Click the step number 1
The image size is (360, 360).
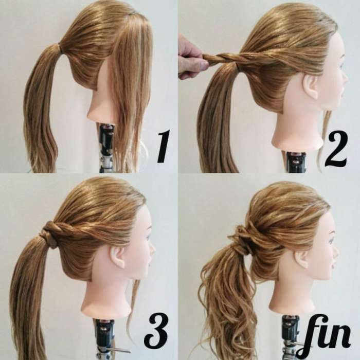coord(163,146)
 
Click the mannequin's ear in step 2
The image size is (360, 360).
coord(311,87)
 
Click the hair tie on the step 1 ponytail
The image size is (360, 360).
coord(60,48)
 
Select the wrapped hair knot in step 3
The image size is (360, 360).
coord(49,233)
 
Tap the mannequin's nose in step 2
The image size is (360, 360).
coord(345,77)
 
